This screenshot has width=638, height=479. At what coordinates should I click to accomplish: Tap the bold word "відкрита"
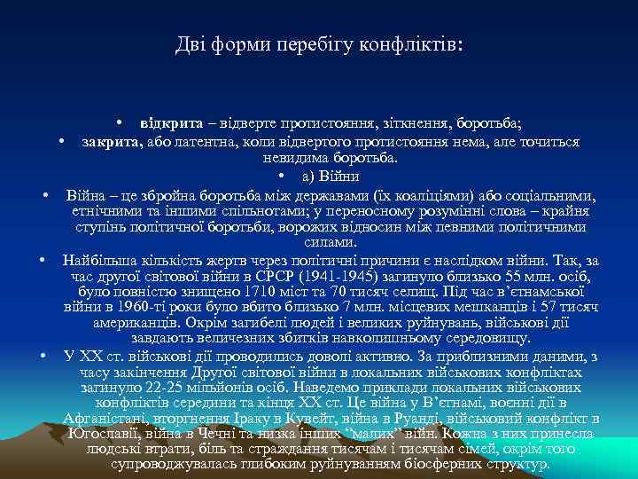tap(169, 121)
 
